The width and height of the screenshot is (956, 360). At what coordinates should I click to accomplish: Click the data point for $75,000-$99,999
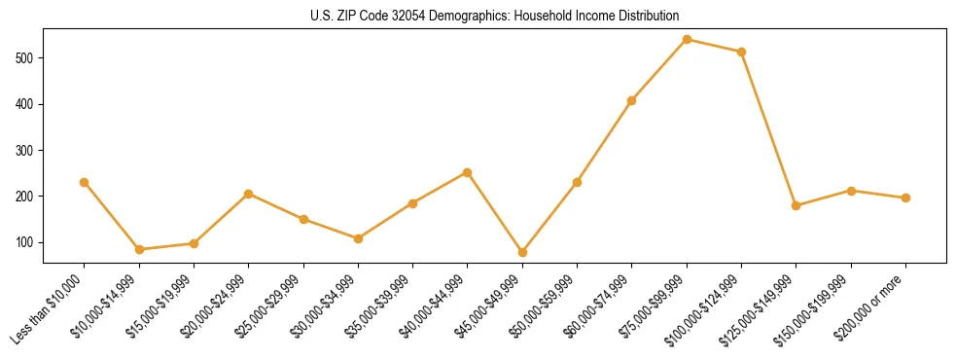(687, 39)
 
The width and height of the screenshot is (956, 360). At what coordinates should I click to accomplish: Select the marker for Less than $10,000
(85, 182)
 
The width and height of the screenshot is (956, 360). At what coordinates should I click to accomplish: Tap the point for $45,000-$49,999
(522, 252)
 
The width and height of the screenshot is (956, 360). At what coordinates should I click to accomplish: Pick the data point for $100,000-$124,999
(742, 52)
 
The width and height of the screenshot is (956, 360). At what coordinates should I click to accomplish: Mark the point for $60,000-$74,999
(632, 100)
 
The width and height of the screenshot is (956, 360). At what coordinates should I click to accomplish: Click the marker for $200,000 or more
(905, 198)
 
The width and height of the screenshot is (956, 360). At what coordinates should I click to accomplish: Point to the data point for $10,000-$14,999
(139, 249)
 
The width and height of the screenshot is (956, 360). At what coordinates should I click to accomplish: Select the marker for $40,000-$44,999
(468, 172)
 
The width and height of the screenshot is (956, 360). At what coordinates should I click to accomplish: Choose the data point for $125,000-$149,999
(797, 205)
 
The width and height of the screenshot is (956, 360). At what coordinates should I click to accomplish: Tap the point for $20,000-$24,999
(249, 194)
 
